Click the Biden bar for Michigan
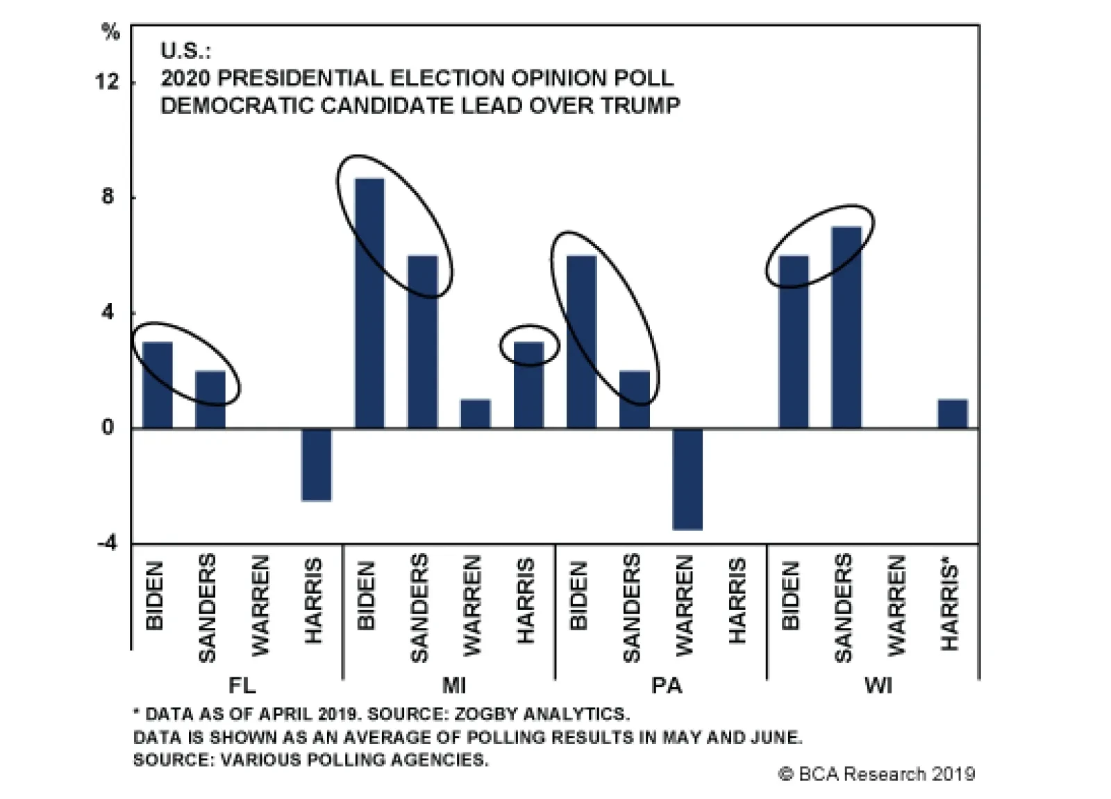369,303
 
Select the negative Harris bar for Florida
317,464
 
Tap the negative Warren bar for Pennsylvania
687,479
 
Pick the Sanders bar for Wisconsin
846,327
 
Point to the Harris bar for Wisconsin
952,414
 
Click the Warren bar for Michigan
476,414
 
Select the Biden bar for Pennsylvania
582,342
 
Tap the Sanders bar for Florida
210,400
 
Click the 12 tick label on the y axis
107,82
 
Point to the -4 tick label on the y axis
107,543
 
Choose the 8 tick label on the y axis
107,197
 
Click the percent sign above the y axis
110,32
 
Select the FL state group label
242,686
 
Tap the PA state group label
666,686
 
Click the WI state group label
878,686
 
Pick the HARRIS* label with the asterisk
950,607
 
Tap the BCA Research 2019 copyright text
876,774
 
